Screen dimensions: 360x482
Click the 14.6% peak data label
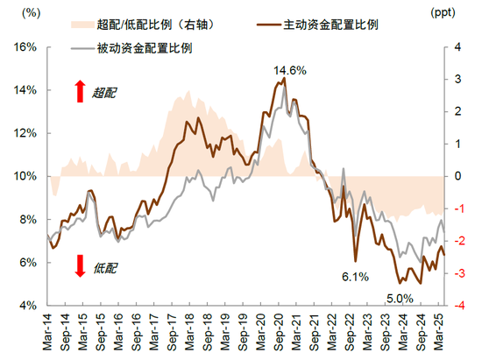(x=289, y=69)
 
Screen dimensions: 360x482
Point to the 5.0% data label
(x=401, y=298)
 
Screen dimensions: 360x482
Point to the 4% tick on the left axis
(x=25, y=306)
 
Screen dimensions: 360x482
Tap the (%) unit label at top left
(x=28, y=15)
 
